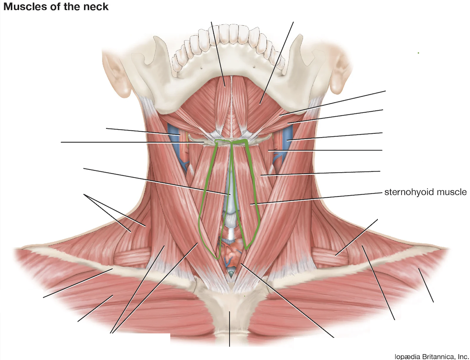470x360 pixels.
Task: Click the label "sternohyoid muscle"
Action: tap(425, 192)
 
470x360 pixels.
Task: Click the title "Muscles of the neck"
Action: tap(56, 7)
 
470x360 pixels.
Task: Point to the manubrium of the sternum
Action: tap(230, 310)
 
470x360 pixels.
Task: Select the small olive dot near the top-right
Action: tap(418, 53)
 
